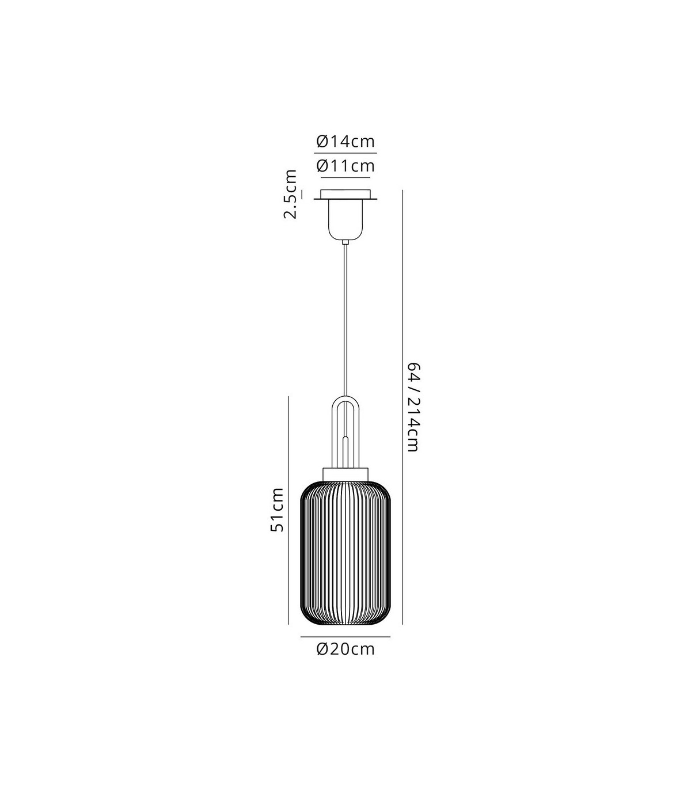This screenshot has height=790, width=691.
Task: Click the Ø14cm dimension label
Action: point(345,141)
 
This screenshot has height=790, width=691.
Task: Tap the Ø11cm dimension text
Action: point(345,166)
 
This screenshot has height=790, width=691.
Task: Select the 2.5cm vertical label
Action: point(290,194)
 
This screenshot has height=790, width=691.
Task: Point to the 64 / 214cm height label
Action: point(413,407)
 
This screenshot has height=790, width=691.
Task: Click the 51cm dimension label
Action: point(277,510)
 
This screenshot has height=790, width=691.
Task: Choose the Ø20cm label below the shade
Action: point(345,649)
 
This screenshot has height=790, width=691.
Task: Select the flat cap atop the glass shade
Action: point(345,474)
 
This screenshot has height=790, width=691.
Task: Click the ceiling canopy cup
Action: point(345,220)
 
